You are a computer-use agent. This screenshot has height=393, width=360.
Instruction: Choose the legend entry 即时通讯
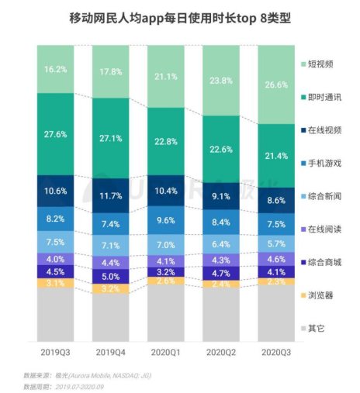[323, 96]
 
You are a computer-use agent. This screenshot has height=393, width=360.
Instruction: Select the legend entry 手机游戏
[323, 164]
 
